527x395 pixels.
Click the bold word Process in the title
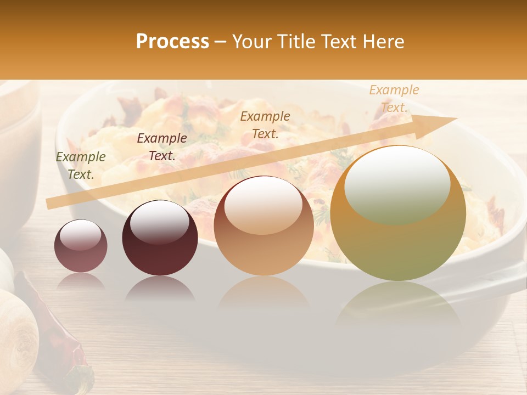172,42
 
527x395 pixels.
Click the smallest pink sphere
81,246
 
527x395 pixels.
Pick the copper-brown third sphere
263,225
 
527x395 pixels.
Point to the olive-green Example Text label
81,166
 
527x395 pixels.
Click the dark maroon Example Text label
161,146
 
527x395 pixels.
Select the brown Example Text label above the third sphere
265,125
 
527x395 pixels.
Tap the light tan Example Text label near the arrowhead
394,99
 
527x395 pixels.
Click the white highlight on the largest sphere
397,184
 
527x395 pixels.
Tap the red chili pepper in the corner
60,329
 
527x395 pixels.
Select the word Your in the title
251,42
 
